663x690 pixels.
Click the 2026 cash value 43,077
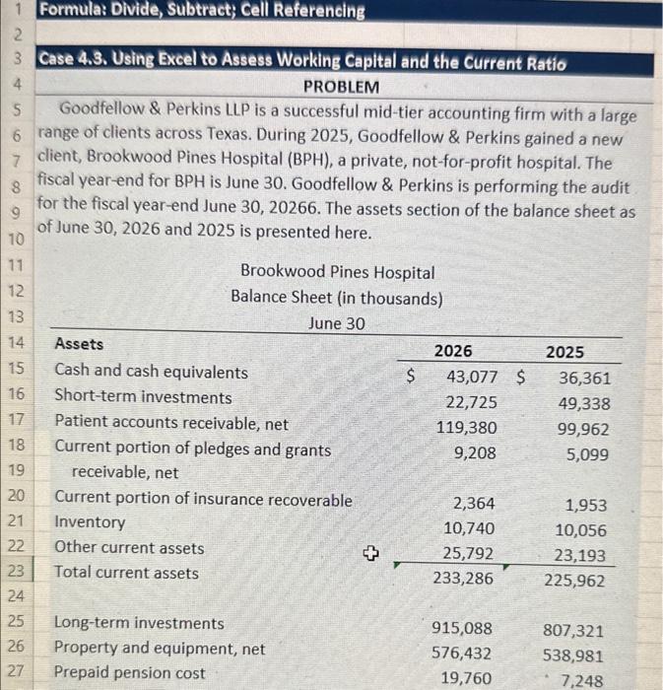[472, 377]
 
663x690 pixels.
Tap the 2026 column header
[453, 351]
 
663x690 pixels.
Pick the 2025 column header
[564, 352]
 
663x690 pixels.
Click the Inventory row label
[90, 522]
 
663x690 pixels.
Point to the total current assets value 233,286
[464, 579]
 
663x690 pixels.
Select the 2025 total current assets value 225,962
[574, 581]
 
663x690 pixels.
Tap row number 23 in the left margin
[18, 572]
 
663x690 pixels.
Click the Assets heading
[79, 344]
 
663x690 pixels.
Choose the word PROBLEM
[341, 87]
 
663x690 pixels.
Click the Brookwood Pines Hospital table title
[337, 272]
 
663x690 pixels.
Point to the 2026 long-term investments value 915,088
[464, 628]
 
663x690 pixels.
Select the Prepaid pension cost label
[130, 673]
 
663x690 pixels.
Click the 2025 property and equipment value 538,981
[574, 655]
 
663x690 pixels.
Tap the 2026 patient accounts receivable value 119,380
[467, 428]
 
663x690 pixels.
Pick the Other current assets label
[129, 548]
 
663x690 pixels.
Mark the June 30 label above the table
[338, 323]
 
